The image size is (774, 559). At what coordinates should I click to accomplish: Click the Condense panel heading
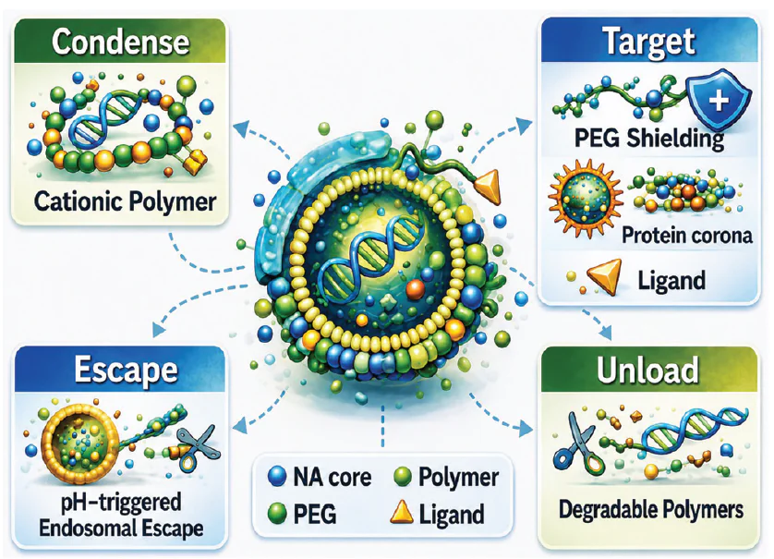(x=120, y=42)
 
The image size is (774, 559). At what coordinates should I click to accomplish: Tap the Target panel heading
(x=649, y=42)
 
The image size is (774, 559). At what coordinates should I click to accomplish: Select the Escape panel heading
(x=126, y=370)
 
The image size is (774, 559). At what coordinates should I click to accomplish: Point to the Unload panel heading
(x=647, y=370)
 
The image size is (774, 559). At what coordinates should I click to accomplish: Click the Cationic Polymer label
(x=125, y=201)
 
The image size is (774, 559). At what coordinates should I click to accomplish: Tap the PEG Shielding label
(x=648, y=138)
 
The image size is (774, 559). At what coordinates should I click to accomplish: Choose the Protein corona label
(x=686, y=235)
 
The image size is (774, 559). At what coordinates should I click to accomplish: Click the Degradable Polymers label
(x=650, y=509)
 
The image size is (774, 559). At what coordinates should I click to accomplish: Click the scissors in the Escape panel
(x=195, y=447)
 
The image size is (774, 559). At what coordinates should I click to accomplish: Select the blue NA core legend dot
(x=276, y=477)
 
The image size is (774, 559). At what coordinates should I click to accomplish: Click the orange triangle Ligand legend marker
(x=401, y=513)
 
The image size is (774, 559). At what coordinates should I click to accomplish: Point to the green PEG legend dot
(x=276, y=513)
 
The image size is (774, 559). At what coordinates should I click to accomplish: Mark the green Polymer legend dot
(x=403, y=477)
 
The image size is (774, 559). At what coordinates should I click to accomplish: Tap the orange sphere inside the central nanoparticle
(x=415, y=289)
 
